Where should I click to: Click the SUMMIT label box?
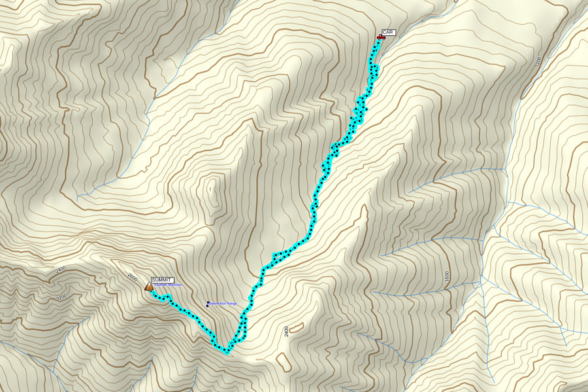(162, 279)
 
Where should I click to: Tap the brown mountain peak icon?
(148, 286)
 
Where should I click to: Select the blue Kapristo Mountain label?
(167, 285)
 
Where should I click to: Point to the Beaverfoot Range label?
(223, 304)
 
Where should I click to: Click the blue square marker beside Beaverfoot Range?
(208, 303)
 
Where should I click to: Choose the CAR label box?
(389, 32)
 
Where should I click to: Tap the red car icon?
(380, 38)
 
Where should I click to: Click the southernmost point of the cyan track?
(227, 352)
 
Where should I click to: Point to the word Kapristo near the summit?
(159, 285)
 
